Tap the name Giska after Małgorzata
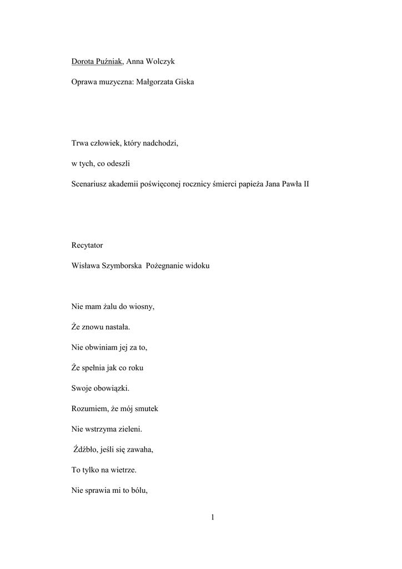click(183, 82)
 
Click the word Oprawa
click(84, 82)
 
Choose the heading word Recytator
click(87, 245)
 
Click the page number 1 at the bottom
click(212, 518)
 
